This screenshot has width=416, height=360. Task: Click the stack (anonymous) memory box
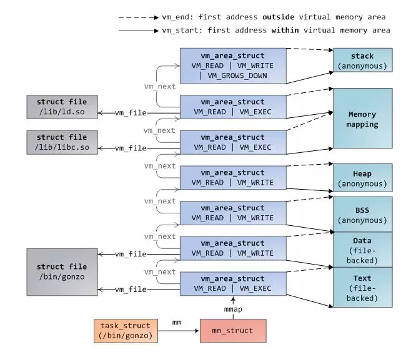(x=362, y=61)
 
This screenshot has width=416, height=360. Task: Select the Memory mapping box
(x=362, y=119)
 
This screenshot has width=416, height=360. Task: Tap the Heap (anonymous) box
(x=362, y=178)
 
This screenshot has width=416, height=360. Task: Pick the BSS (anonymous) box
(x=362, y=214)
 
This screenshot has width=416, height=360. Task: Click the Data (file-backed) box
(x=362, y=250)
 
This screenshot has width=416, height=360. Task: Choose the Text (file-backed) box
(x=362, y=287)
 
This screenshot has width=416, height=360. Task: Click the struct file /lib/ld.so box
(x=62, y=107)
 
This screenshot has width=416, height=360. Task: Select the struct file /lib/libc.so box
(x=62, y=142)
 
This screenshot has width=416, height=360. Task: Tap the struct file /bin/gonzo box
(x=62, y=271)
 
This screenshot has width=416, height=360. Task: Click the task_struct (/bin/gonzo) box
(x=124, y=331)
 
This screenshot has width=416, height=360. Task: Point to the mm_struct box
(x=232, y=331)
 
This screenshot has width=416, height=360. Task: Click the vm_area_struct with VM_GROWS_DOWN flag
(x=233, y=65)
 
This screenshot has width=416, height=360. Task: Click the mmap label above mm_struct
(x=233, y=309)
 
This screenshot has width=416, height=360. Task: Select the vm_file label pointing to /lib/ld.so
(x=132, y=113)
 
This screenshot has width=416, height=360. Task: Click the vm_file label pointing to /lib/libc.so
(x=132, y=148)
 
